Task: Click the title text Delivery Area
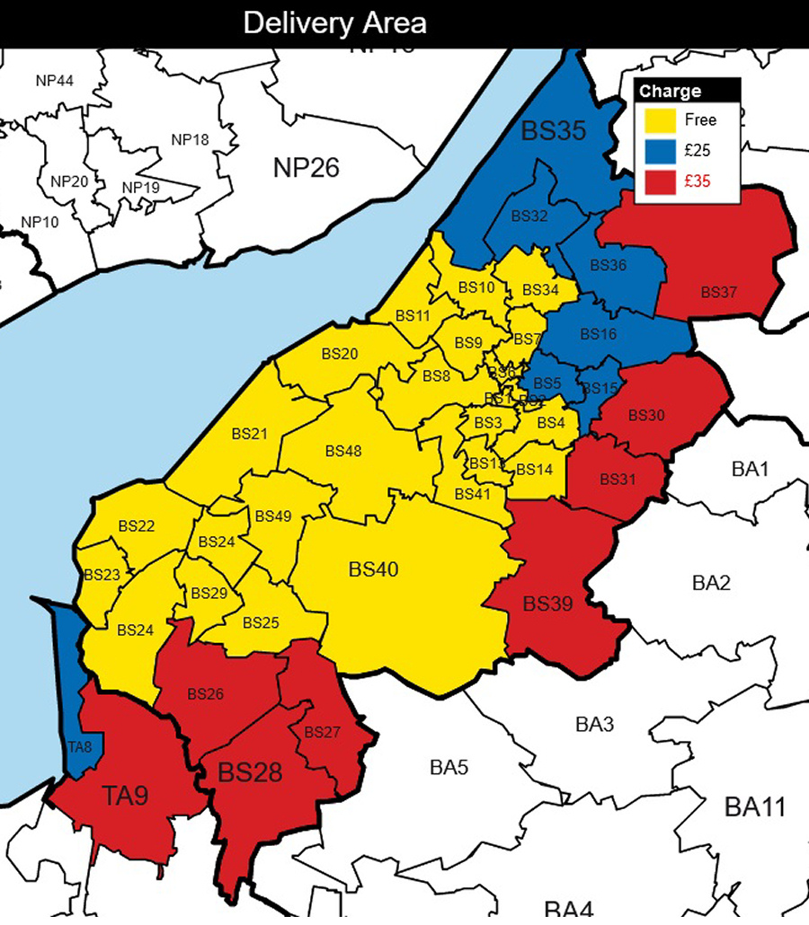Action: tap(334, 23)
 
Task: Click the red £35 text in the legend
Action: tap(697, 181)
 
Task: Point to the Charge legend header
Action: tap(670, 91)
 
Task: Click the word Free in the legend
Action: tap(700, 119)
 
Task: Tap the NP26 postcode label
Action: tap(307, 166)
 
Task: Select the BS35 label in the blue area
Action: tap(554, 132)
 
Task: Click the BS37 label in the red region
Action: tap(719, 292)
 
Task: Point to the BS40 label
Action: tap(373, 569)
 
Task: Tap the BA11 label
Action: tap(755, 807)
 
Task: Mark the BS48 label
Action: tap(343, 451)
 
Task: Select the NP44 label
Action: tap(55, 81)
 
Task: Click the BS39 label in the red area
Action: tap(548, 603)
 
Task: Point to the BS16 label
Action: tap(599, 334)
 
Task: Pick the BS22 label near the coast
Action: tap(136, 525)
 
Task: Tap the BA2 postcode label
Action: tap(711, 583)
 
